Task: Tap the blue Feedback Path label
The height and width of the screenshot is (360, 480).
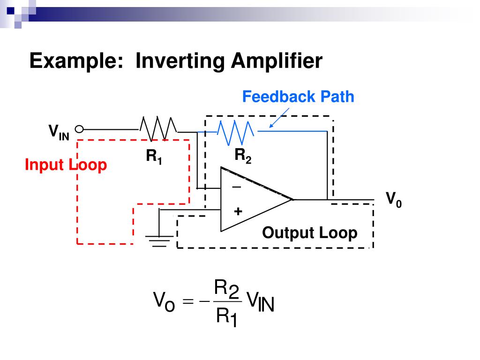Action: click(x=298, y=97)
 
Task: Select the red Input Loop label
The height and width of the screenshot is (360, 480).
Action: click(x=66, y=165)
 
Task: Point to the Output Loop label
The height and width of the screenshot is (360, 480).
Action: click(x=309, y=232)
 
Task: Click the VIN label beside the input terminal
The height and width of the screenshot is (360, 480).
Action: click(x=59, y=133)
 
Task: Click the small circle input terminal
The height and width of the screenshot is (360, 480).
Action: click(x=79, y=129)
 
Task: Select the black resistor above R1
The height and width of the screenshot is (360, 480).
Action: click(x=158, y=128)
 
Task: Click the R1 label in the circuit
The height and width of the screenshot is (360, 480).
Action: click(x=154, y=157)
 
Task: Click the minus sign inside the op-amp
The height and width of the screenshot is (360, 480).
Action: click(x=237, y=187)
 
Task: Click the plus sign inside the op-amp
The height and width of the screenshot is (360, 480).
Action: click(x=238, y=211)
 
